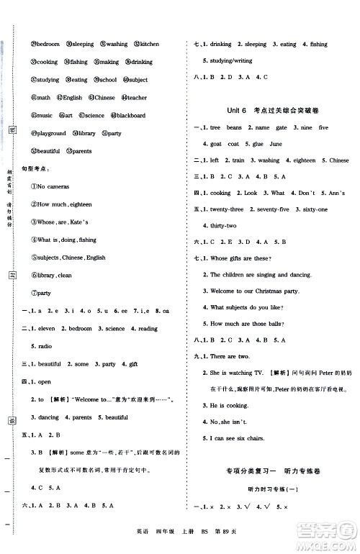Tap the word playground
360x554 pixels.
coord(51,133)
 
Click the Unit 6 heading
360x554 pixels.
coord(231,109)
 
